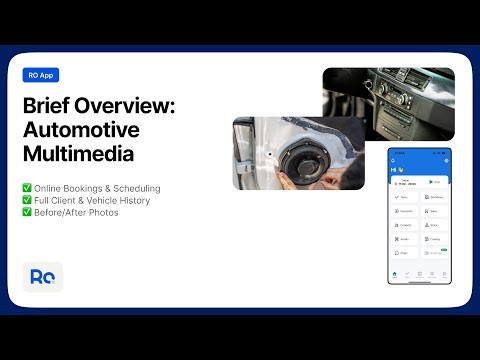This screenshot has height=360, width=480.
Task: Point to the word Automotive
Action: coord(82,131)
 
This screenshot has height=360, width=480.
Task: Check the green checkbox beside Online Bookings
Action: coord(26,188)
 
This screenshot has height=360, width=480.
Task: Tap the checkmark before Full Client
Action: coord(26,200)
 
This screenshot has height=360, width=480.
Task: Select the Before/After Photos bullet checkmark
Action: coord(26,212)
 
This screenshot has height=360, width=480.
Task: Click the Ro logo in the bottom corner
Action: coord(43,277)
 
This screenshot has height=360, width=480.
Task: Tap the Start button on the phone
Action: coord(436,183)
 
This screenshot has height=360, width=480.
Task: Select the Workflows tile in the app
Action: coord(436,198)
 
